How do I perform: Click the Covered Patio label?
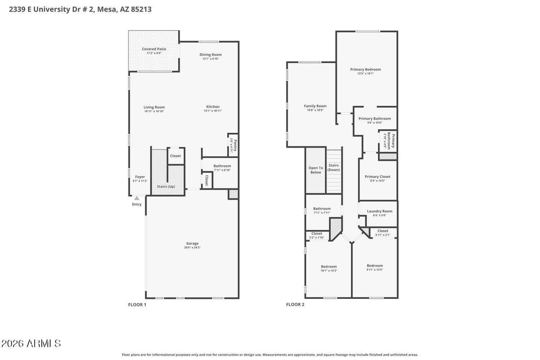[x=154, y=49]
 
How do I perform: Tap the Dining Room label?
[x=211, y=55]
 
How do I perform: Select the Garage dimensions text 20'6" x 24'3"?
[x=192, y=247]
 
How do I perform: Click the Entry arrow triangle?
[x=137, y=198]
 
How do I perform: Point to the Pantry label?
[x=234, y=145]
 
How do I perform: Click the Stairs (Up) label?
[x=166, y=186]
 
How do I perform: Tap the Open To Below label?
[x=315, y=170]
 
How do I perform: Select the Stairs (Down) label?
[x=333, y=167]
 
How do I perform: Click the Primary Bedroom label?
[x=365, y=69]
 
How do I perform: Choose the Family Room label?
[x=315, y=106]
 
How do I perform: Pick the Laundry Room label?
[x=379, y=211]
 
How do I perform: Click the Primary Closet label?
[x=378, y=177]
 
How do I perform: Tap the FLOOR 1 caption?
[x=137, y=305]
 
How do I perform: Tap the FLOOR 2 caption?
[x=295, y=305]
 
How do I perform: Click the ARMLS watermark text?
[x=31, y=344]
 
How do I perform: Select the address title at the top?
[x=80, y=9]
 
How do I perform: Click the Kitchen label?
[x=213, y=107]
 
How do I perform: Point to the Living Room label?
[x=154, y=108]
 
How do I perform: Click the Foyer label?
[x=140, y=177]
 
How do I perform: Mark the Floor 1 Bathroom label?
[x=222, y=166]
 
